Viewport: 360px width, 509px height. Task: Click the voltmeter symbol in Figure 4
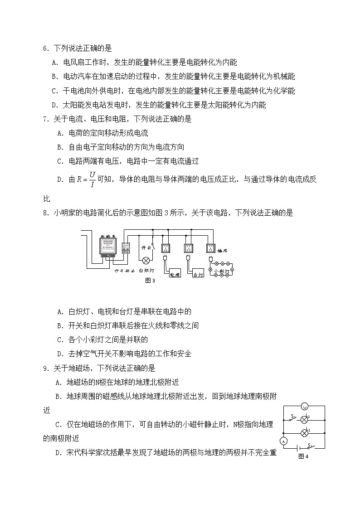[305, 406]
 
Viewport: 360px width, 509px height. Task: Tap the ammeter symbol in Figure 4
[284, 441]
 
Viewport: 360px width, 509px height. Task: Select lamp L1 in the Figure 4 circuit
[305, 433]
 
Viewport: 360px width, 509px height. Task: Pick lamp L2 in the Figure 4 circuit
[305, 419]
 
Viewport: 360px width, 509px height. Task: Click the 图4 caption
[303, 456]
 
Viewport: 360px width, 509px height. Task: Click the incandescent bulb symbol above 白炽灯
[146, 261]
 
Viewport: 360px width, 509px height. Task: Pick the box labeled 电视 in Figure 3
[175, 273]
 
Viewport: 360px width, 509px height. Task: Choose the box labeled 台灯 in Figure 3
[199, 273]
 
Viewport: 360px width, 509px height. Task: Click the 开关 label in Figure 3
[146, 248]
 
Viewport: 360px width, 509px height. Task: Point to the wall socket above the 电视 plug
[165, 248]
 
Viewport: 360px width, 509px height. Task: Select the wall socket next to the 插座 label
[210, 248]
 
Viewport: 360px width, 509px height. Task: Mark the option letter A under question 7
[60, 133]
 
